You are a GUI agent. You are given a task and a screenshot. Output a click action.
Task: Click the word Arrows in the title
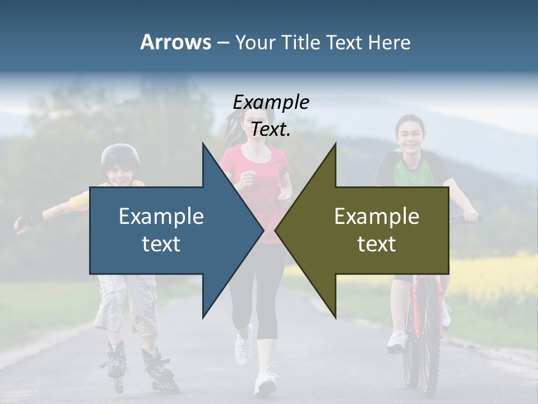pyautogui.click(x=175, y=42)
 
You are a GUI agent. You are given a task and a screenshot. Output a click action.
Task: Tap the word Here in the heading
pyautogui.click(x=389, y=42)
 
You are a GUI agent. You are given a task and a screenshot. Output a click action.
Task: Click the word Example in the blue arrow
pyautogui.click(x=161, y=216)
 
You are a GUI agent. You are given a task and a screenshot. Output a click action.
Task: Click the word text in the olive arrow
pyautogui.click(x=377, y=244)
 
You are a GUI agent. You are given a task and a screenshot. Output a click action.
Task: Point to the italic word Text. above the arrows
pyautogui.click(x=271, y=129)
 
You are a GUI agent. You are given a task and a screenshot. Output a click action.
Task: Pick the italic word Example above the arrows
pyautogui.click(x=271, y=102)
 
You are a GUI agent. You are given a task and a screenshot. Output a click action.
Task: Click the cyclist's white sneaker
pyautogui.click(x=397, y=340)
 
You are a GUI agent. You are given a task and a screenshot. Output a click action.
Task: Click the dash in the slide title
pyautogui.click(x=222, y=43)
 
